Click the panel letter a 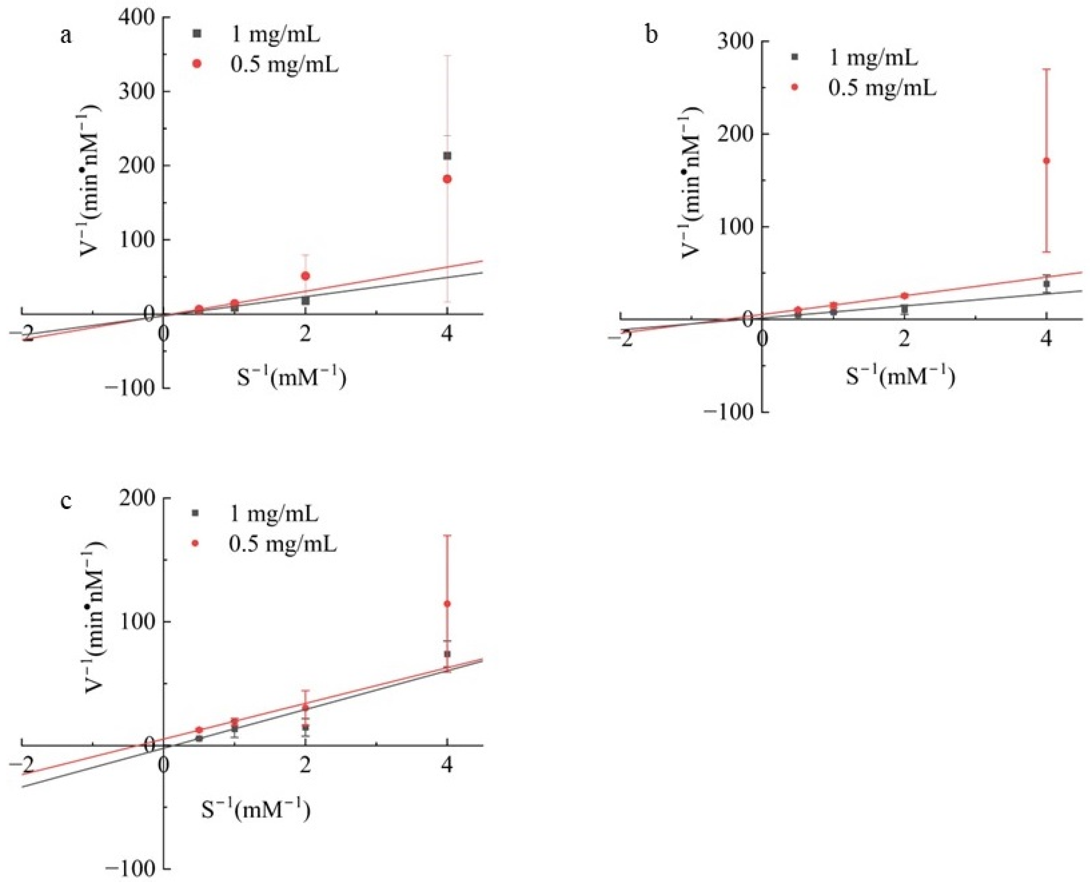pos(66,37)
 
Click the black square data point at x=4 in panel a pos(447,156)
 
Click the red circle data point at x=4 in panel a pos(447,179)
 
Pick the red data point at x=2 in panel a pos(305,276)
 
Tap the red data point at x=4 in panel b pos(1046,161)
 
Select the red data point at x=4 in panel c pos(447,604)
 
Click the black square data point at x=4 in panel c pos(447,654)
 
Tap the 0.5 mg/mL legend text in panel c pos(283,544)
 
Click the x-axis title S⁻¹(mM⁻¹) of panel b pos(900,377)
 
